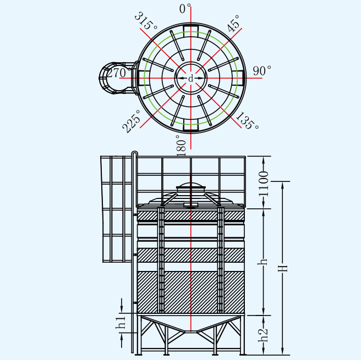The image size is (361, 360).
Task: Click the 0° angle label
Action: [185, 9]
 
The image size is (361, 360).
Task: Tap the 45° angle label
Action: [233, 23]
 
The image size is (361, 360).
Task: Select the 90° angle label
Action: [262, 70]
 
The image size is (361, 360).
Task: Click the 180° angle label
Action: [181, 145]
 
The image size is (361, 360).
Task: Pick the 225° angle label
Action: [131, 121]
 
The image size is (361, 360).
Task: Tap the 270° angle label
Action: [117, 73]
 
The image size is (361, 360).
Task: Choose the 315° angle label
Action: [145, 21]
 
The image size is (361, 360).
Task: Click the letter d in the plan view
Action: [190, 79]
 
